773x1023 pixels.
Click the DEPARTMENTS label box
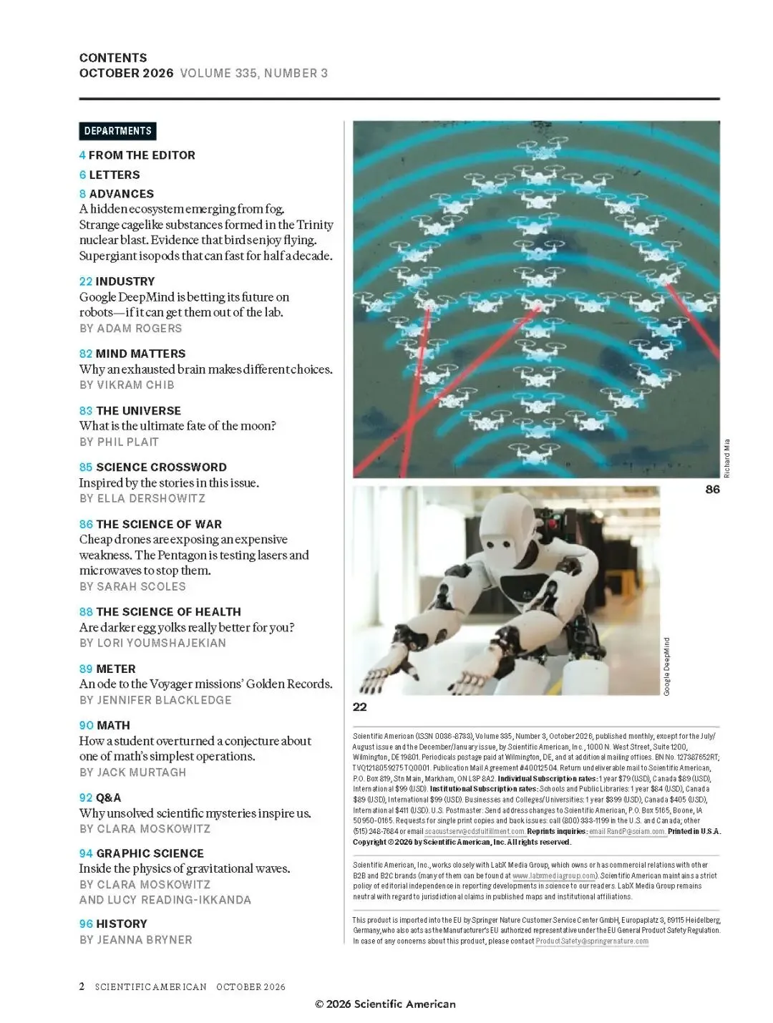click(x=117, y=131)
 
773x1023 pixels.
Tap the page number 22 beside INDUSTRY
click(x=86, y=281)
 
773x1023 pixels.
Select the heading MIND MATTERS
click(x=141, y=354)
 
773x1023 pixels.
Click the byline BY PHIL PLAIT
click(x=119, y=442)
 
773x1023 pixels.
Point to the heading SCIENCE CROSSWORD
click(x=161, y=467)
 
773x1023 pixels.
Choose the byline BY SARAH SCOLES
click(x=132, y=586)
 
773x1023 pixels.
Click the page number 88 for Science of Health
click(x=86, y=611)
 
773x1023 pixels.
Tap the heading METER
click(x=115, y=669)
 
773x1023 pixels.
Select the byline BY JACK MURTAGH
click(x=133, y=772)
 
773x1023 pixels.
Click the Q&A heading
click(x=108, y=797)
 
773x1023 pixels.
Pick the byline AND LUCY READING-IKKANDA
click(x=165, y=900)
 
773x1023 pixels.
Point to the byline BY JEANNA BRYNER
click(x=135, y=939)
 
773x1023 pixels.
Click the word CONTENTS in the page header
click(x=113, y=58)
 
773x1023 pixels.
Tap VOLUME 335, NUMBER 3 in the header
click(x=254, y=73)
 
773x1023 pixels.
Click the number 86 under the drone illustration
click(x=712, y=490)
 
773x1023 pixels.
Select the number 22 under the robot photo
click(x=360, y=707)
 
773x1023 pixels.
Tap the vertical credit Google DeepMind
click(x=667, y=666)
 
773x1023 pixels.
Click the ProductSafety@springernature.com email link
click(x=592, y=941)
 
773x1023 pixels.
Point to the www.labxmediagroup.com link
click(x=554, y=876)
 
